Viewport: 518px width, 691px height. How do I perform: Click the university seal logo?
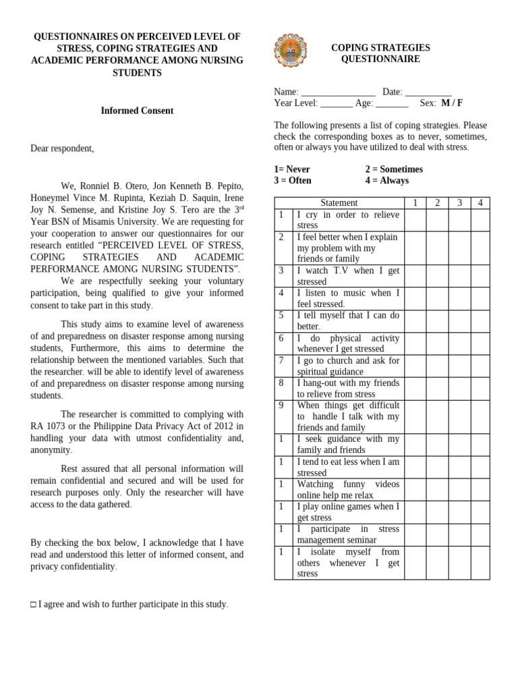click(x=290, y=51)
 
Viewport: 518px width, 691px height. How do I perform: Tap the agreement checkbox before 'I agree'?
click(x=33, y=605)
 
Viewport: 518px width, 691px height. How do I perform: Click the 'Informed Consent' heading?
click(x=137, y=111)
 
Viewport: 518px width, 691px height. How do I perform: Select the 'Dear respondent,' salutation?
click(x=62, y=148)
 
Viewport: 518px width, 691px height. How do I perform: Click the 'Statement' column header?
click(x=339, y=202)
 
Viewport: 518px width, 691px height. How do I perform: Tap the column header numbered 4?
click(x=480, y=202)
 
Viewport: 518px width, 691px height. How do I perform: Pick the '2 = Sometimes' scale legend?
click(x=394, y=169)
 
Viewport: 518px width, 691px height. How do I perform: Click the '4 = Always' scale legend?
click(x=386, y=181)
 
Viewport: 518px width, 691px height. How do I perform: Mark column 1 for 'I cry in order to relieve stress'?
click(x=415, y=220)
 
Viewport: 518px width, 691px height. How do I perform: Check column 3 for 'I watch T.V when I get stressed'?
click(x=459, y=276)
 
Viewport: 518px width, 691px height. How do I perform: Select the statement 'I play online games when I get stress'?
click(x=348, y=512)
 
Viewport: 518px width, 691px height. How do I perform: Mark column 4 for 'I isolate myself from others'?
click(x=480, y=563)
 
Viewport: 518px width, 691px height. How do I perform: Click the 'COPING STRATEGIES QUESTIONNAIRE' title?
click(x=380, y=53)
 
